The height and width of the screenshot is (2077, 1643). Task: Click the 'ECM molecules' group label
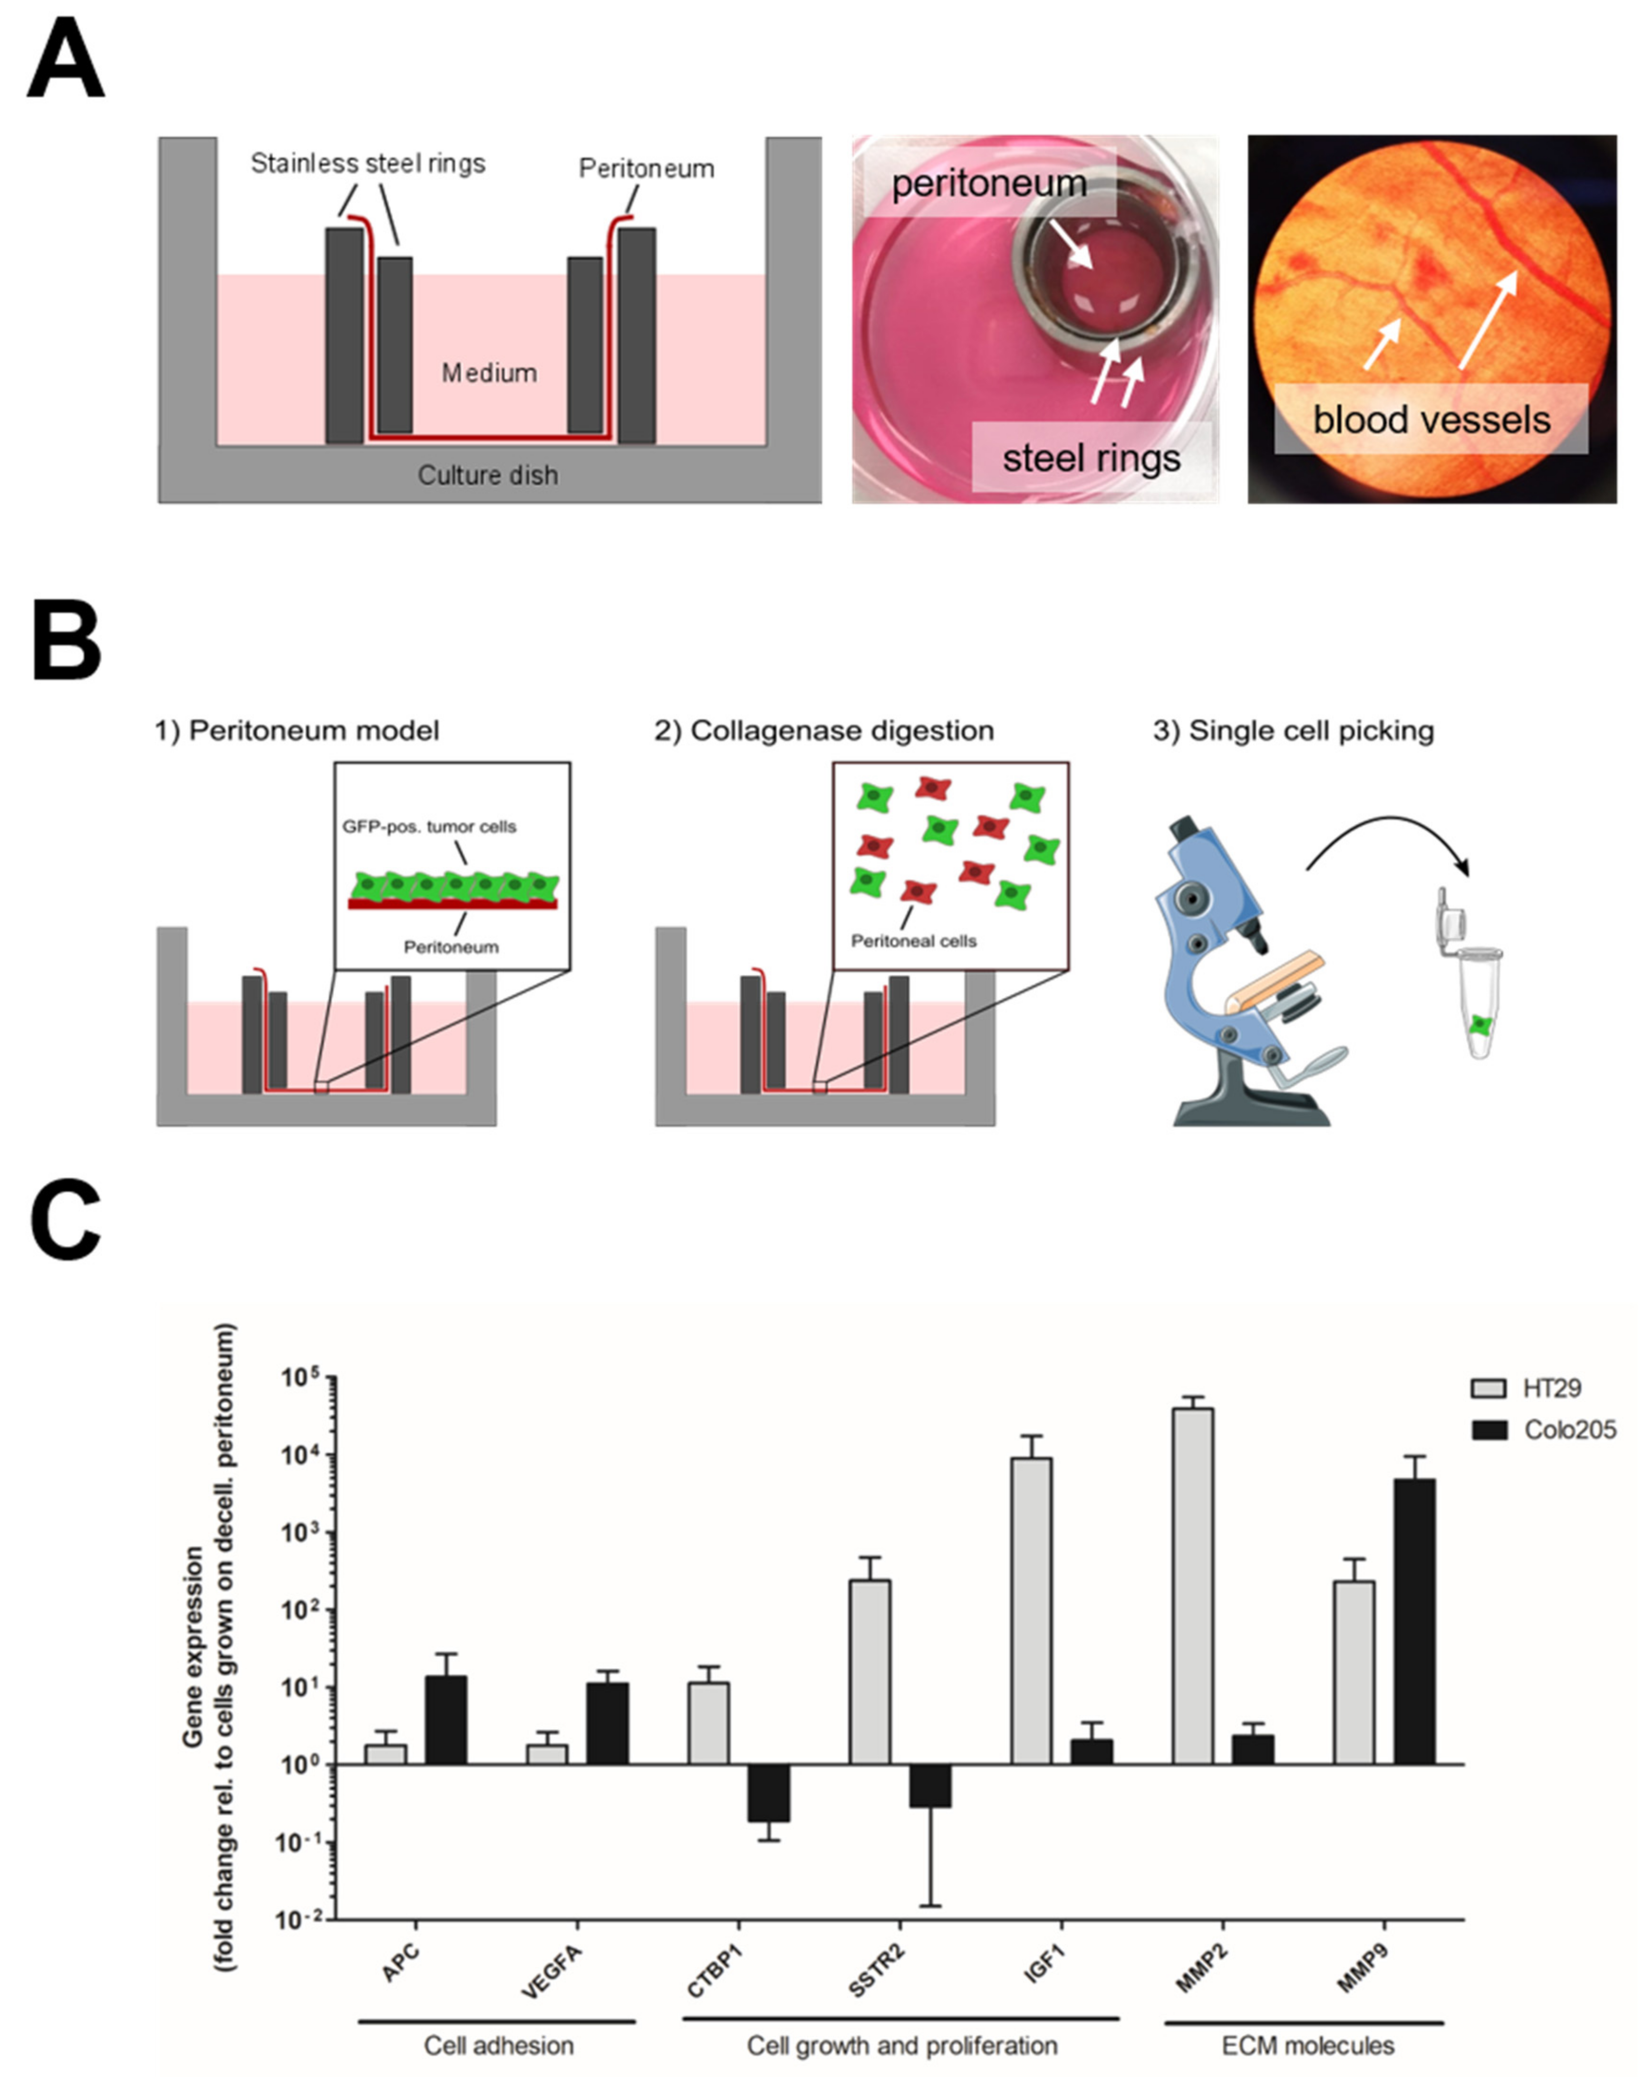[x=1307, y=2045]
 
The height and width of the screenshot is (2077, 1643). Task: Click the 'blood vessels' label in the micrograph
[x=1431, y=419]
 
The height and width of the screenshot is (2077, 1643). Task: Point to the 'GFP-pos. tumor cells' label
[x=429, y=826]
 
